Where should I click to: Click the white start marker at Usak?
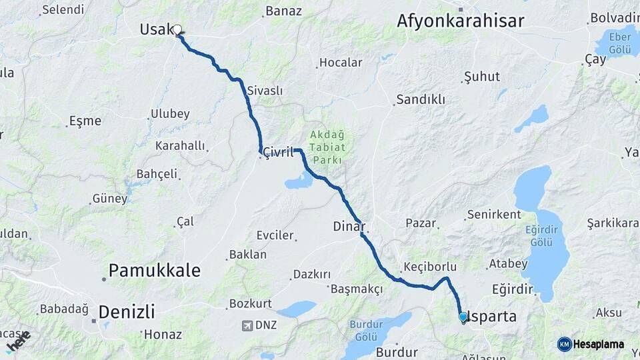[177, 29]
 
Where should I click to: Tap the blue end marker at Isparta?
[463, 317]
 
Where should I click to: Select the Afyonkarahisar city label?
[460, 21]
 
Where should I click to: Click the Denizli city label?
[126, 311]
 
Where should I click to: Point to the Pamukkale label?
[154, 270]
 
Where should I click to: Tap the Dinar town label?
[347, 227]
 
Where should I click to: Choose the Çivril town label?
[278, 152]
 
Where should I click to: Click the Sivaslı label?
[265, 91]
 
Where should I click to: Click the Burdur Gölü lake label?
[367, 331]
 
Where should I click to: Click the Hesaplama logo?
[591, 344]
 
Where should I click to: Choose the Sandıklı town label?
[420, 99]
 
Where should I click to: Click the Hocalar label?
[341, 63]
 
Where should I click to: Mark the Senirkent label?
[494, 215]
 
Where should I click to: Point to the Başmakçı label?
[357, 289]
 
